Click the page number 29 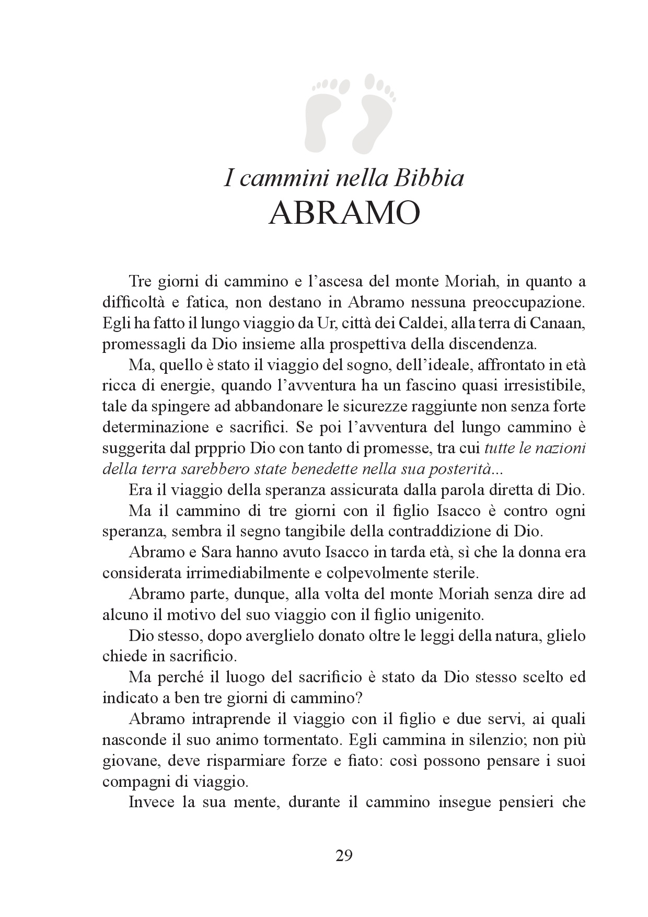tap(344, 856)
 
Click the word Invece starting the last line tap(158, 802)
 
